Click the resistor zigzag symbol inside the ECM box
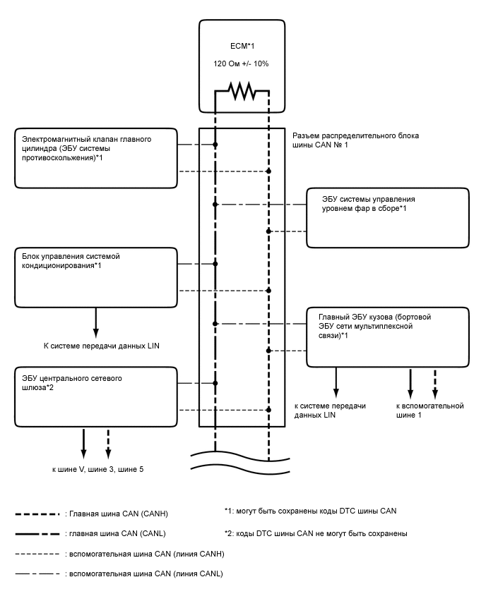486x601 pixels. coord(242,92)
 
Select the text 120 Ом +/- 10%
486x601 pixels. coord(242,63)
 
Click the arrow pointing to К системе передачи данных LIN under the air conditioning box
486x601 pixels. coord(95,323)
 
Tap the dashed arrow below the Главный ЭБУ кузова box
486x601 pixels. coord(435,384)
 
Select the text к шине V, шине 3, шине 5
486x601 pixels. coord(96,469)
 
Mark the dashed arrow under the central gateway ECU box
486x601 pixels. coord(108,442)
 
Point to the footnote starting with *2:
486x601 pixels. coord(314,533)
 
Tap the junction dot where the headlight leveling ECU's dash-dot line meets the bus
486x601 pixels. coord(215,205)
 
